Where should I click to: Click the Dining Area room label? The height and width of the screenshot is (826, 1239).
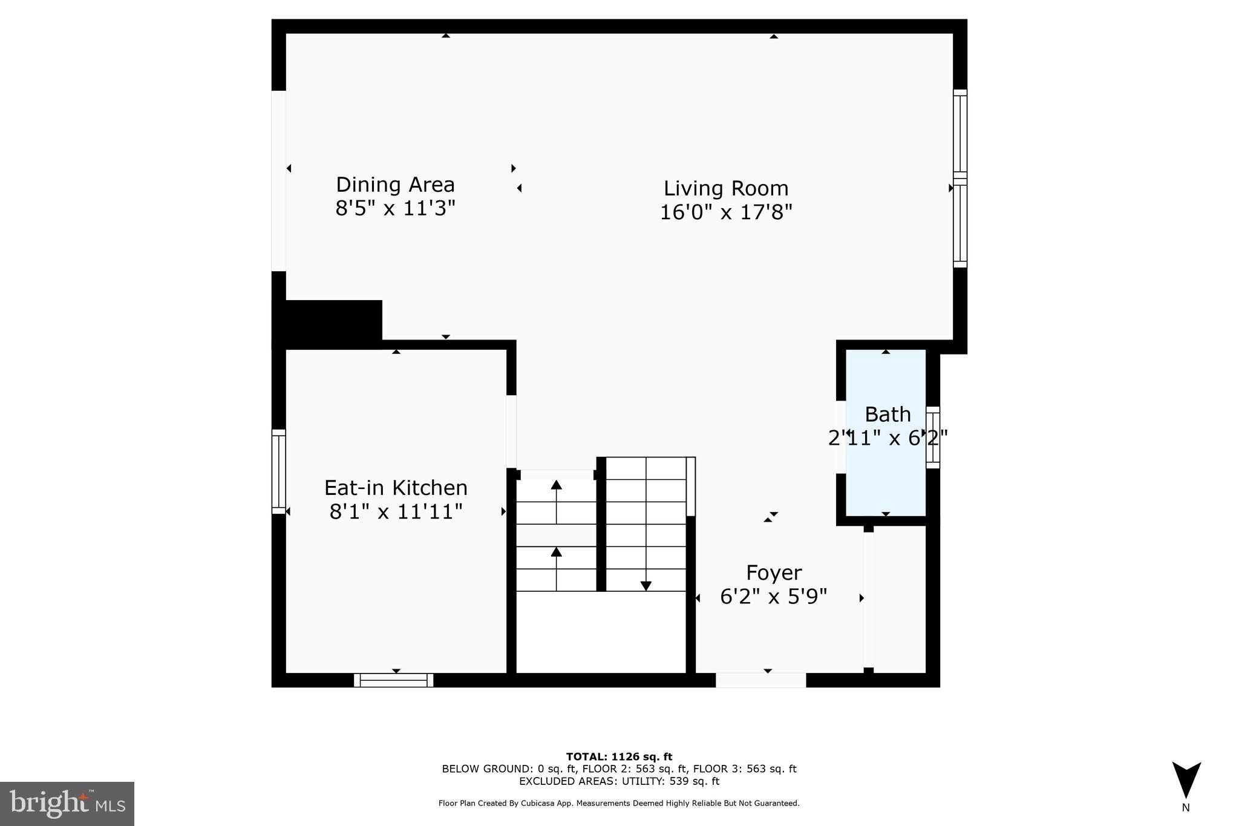[x=395, y=185]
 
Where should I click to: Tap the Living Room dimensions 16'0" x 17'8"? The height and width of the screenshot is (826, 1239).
[x=725, y=212]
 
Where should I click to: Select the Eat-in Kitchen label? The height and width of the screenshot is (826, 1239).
[x=396, y=488]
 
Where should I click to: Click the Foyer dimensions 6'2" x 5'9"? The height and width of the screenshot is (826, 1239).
[x=773, y=597]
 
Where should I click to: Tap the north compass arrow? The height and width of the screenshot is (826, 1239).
[x=1186, y=779]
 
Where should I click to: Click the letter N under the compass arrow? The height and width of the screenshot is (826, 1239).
[x=1186, y=808]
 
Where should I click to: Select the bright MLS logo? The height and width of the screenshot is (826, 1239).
[x=67, y=804]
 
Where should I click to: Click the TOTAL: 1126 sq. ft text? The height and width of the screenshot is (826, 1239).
[x=619, y=756]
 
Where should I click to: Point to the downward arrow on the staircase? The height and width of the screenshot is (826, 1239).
[x=646, y=585]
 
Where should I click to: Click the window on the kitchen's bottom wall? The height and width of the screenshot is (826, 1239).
[x=394, y=680]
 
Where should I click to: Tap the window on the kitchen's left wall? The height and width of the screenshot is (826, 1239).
[x=278, y=471]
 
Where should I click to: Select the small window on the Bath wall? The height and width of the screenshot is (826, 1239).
[x=933, y=437]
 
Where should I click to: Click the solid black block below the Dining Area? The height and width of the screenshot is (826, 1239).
[x=327, y=323]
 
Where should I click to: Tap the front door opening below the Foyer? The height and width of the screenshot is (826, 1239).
[x=760, y=680]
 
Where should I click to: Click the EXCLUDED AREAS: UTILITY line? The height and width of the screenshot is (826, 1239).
[x=619, y=781]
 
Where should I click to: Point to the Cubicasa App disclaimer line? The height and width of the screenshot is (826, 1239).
[x=619, y=804]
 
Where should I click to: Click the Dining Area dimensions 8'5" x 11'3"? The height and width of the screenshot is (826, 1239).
[x=395, y=209]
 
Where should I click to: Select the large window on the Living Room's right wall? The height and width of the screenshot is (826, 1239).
[x=960, y=179]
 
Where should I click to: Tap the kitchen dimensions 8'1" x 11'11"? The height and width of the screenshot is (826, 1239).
[x=396, y=512]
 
